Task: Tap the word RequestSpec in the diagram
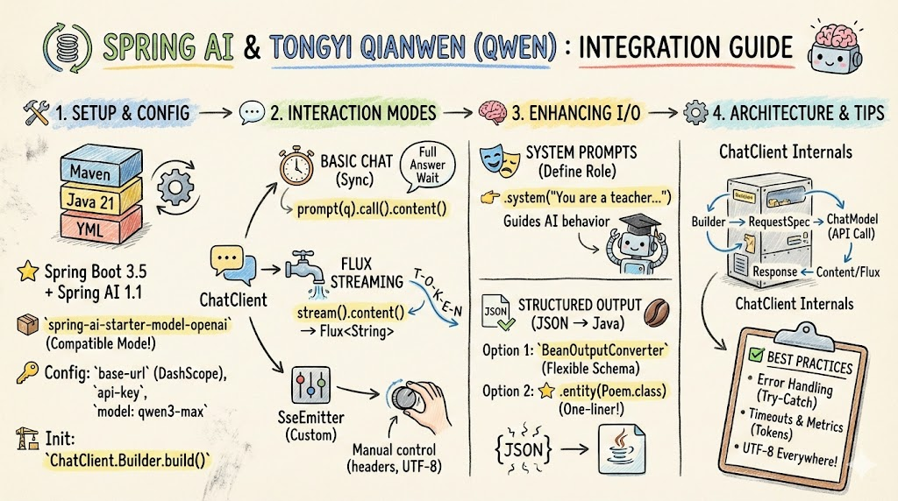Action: coord(777,221)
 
